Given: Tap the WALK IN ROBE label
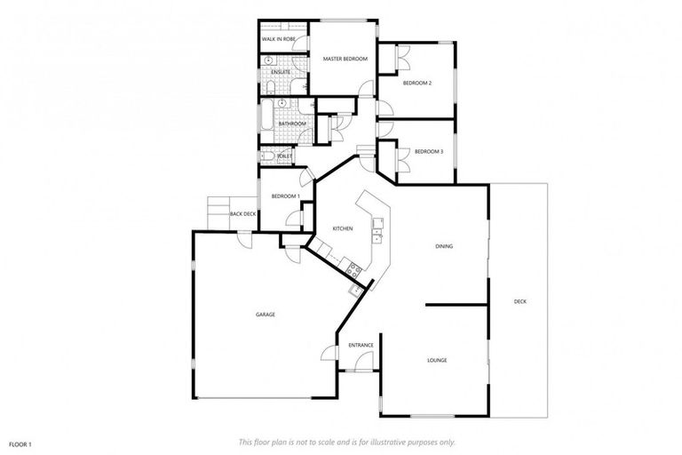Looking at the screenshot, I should point(278,40).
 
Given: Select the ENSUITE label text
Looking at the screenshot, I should point(282,72).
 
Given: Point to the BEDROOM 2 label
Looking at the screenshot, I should point(416,83).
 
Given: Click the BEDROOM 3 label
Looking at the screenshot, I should point(429,152).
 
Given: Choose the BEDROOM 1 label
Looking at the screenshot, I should point(285,196).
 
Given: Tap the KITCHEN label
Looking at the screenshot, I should point(343,228).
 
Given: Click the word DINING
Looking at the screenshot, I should point(444,246).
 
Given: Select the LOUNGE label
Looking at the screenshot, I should point(436,360).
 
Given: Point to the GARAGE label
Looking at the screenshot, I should point(265,315).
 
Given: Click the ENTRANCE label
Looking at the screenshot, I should point(360,345).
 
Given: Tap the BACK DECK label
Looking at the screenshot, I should point(242,214).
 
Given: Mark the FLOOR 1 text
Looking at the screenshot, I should point(20,443).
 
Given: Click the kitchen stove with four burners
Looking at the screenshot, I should point(354,268).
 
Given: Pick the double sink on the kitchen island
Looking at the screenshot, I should point(377,233).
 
